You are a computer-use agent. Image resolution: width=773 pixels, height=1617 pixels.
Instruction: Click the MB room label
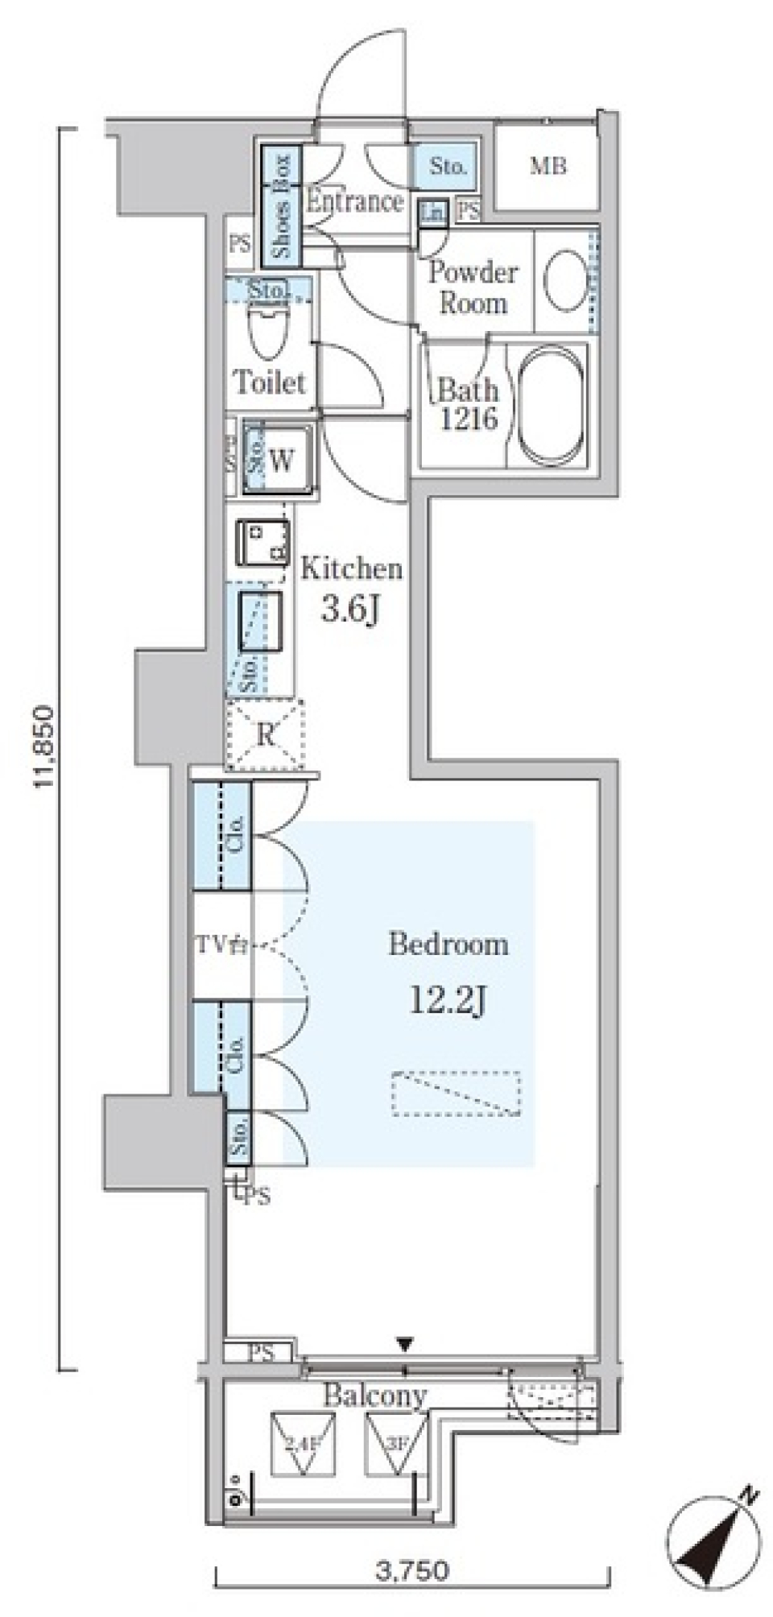(548, 166)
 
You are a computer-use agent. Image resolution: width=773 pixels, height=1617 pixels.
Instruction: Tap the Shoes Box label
(281, 206)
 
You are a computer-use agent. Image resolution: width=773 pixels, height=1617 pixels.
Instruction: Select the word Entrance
(354, 201)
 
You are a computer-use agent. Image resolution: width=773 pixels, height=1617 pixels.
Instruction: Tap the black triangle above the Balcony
(405, 1343)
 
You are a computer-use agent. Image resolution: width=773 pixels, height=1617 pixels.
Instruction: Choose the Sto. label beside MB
(447, 167)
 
